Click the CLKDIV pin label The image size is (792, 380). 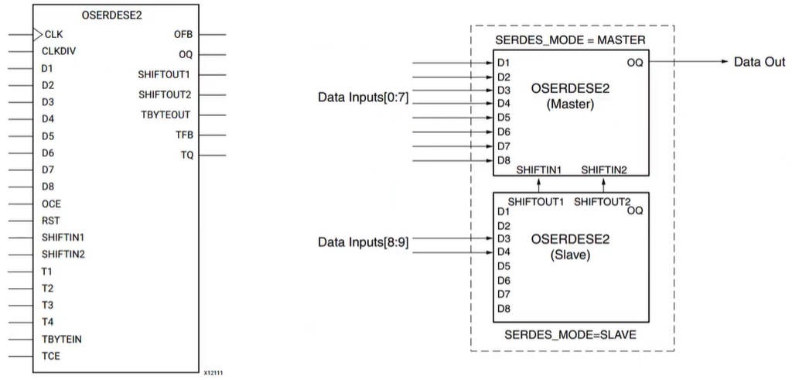[60, 51]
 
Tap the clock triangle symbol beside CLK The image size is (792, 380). [38, 34]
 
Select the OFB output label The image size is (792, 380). [184, 35]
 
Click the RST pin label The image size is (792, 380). [51, 221]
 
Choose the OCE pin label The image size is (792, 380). [52, 204]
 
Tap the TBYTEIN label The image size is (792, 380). [62, 339]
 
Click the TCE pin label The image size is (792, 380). [51, 356]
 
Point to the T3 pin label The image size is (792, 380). [47, 305]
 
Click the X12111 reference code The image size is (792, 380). [214, 373]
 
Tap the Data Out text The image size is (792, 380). [760, 62]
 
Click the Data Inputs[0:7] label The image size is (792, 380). [364, 98]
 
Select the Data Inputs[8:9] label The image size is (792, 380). [364, 242]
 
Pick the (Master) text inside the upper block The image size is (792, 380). [570, 104]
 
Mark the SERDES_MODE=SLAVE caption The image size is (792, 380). [571, 336]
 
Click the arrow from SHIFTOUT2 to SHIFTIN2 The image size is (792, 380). [604, 183]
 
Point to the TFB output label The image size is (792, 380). [184, 135]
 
